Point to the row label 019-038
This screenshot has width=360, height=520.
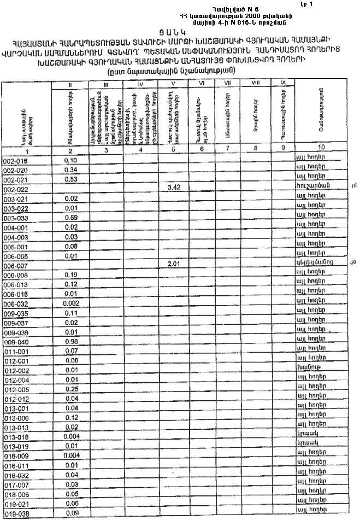point(15,513)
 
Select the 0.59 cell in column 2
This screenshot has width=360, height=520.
point(71,218)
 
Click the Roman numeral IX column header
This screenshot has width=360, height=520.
point(282,82)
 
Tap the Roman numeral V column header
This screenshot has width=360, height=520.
point(173,84)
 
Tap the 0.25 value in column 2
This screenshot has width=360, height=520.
point(71,389)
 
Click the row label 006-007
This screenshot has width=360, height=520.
point(15,266)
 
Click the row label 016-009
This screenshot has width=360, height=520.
point(15,456)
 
